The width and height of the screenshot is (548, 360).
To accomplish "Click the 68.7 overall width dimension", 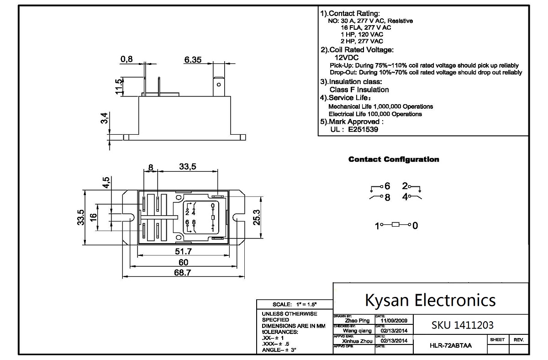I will tap(181, 272).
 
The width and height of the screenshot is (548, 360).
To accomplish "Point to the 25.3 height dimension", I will tap(257, 217).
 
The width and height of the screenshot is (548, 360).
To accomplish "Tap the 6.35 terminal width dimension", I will tap(193, 60).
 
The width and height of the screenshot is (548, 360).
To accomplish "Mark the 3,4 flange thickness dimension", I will tap(105, 119).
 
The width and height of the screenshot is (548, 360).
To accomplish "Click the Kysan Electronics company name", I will tap(430, 300).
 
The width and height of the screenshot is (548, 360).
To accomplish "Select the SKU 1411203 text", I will tap(462, 325).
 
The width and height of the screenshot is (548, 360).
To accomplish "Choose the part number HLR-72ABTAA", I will tap(451, 345).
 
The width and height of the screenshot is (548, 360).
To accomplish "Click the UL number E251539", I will tap(363, 129).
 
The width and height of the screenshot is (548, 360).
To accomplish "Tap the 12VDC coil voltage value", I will tap(347, 58).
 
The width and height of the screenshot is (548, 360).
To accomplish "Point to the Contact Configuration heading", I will tap(394, 159).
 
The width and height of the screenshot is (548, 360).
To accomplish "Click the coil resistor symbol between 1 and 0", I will tap(396, 225).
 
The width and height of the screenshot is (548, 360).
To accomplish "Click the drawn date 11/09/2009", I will tap(394, 321).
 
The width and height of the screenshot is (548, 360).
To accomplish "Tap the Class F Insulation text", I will tap(359, 90).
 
